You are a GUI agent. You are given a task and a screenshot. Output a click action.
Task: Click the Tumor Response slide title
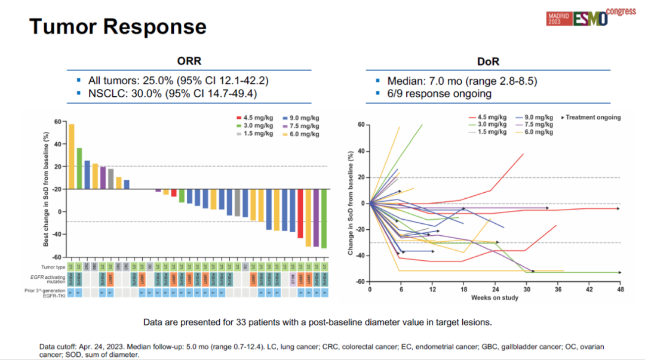pos(118,27)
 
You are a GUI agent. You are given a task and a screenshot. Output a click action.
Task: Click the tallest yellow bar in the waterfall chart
pos(72,156)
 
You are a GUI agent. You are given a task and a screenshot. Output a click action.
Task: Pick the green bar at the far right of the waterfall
pos(324,218)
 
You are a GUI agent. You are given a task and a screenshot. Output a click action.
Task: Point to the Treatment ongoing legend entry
pos(592,118)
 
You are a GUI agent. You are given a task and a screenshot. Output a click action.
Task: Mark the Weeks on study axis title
pos(494,297)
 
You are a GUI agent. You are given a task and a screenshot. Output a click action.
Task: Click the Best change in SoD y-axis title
pos(46,190)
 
